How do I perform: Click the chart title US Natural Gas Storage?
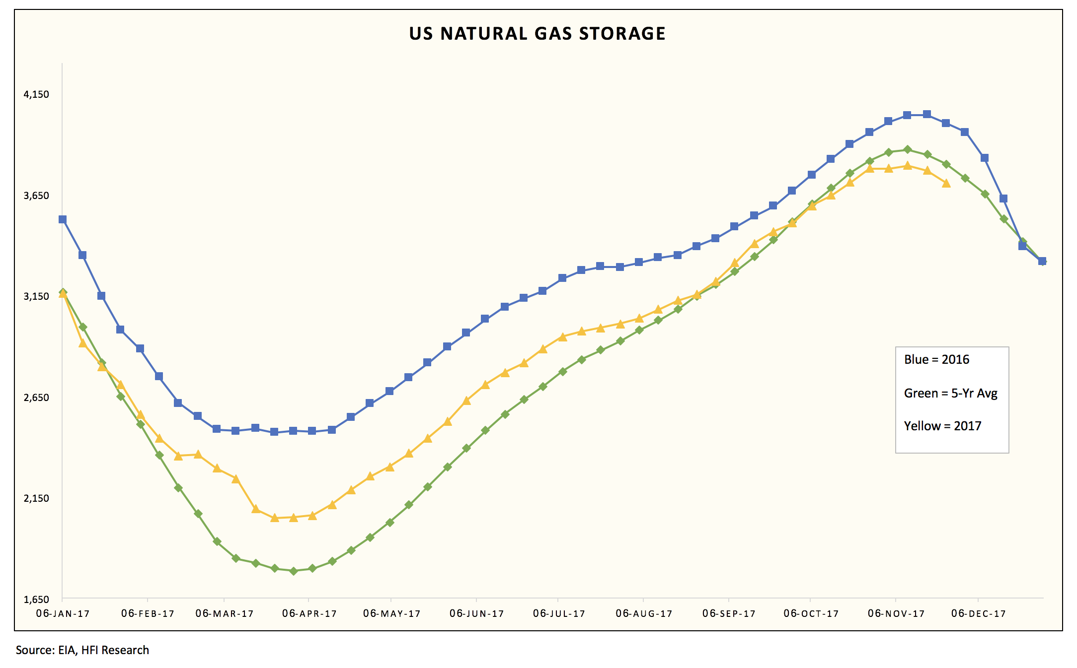pos(537,34)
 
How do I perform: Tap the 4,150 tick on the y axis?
pos(37,94)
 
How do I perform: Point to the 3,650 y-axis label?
pos(37,196)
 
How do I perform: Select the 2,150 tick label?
pos(37,498)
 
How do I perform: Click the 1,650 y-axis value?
pos(37,600)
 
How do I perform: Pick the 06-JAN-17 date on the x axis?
pos(63,614)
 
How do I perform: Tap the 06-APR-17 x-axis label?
pos(309,614)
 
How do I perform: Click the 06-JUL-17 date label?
pos(559,614)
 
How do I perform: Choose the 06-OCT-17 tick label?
pos(811,614)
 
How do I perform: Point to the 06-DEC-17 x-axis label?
pos(978,614)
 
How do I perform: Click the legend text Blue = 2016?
pos(936,360)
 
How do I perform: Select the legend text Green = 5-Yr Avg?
pos(950,394)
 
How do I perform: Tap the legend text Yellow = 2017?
pos(942,426)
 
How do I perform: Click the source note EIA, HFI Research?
pos(82,650)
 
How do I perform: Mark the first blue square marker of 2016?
pos(63,219)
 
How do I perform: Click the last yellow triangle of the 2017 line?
pos(946,184)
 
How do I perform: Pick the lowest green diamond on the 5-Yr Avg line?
pos(294,571)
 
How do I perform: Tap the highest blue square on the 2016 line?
pos(927,114)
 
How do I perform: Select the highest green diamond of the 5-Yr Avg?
pos(908,149)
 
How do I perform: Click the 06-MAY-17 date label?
pos(391,614)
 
